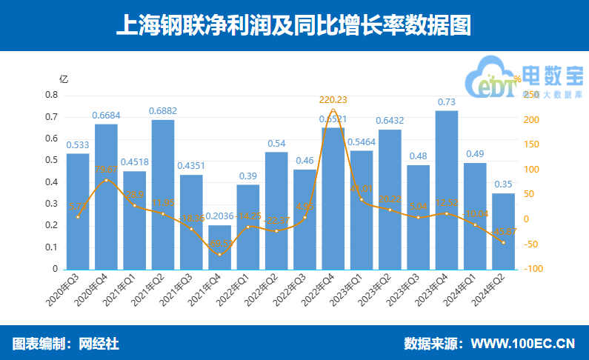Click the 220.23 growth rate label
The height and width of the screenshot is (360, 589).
pyautogui.click(x=333, y=99)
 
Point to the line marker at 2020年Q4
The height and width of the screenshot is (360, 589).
pyautogui.click(x=106, y=180)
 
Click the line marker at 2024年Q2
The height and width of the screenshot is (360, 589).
pyautogui.click(x=503, y=242)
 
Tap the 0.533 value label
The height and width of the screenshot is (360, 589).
pyautogui.click(x=78, y=145)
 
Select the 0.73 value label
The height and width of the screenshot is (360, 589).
pyautogui.click(x=446, y=102)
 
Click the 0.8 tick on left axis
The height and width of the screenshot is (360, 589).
pyautogui.click(x=51, y=96)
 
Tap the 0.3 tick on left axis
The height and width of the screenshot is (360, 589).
pyautogui.click(x=51, y=204)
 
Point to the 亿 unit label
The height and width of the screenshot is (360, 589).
pyautogui.click(x=64, y=79)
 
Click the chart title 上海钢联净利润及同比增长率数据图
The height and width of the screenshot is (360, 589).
pyautogui.click(x=294, y=26)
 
